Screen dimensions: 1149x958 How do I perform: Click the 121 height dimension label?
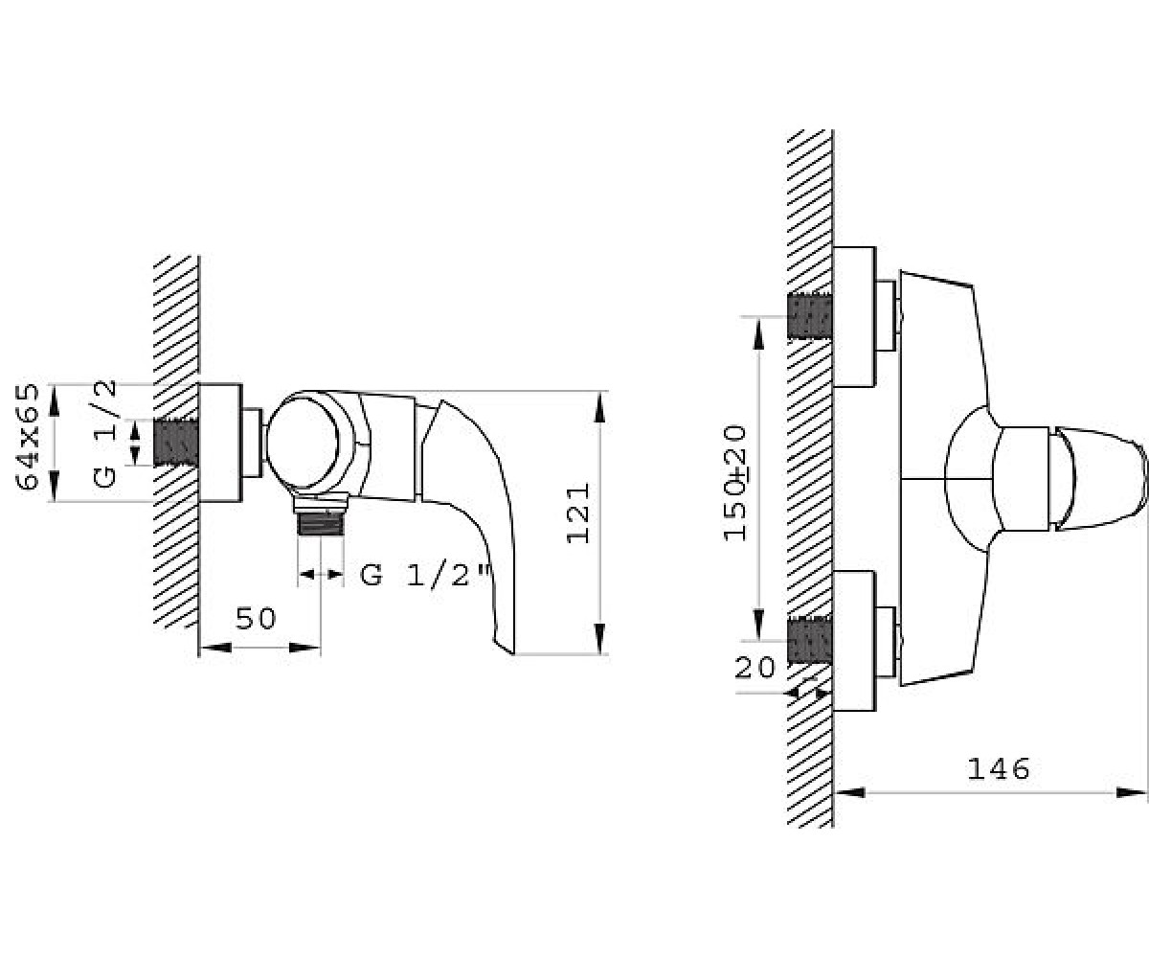point(578,513)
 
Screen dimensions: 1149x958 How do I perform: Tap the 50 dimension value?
point(256,618)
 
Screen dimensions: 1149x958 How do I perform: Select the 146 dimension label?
point(999,768)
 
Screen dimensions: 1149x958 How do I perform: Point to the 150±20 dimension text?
point(735,483)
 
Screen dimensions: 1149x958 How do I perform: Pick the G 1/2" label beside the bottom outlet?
point(424,576)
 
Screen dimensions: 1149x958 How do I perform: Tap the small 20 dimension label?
point(754,669)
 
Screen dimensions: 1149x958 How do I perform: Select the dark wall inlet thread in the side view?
point(176,443)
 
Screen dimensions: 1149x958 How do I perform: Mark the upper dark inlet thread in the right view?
point(810,316)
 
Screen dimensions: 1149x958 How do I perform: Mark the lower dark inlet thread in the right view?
point(810,641)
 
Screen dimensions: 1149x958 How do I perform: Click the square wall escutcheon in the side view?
point(220,443)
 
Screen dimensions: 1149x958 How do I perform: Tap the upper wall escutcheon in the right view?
point(854,316)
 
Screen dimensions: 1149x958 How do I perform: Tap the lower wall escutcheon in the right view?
point(854,641)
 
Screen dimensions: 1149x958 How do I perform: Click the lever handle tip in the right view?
point(1146,479)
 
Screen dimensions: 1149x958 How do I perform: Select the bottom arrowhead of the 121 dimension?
point(599,639)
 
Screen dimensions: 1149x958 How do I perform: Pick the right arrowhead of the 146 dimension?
point(1132,793)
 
